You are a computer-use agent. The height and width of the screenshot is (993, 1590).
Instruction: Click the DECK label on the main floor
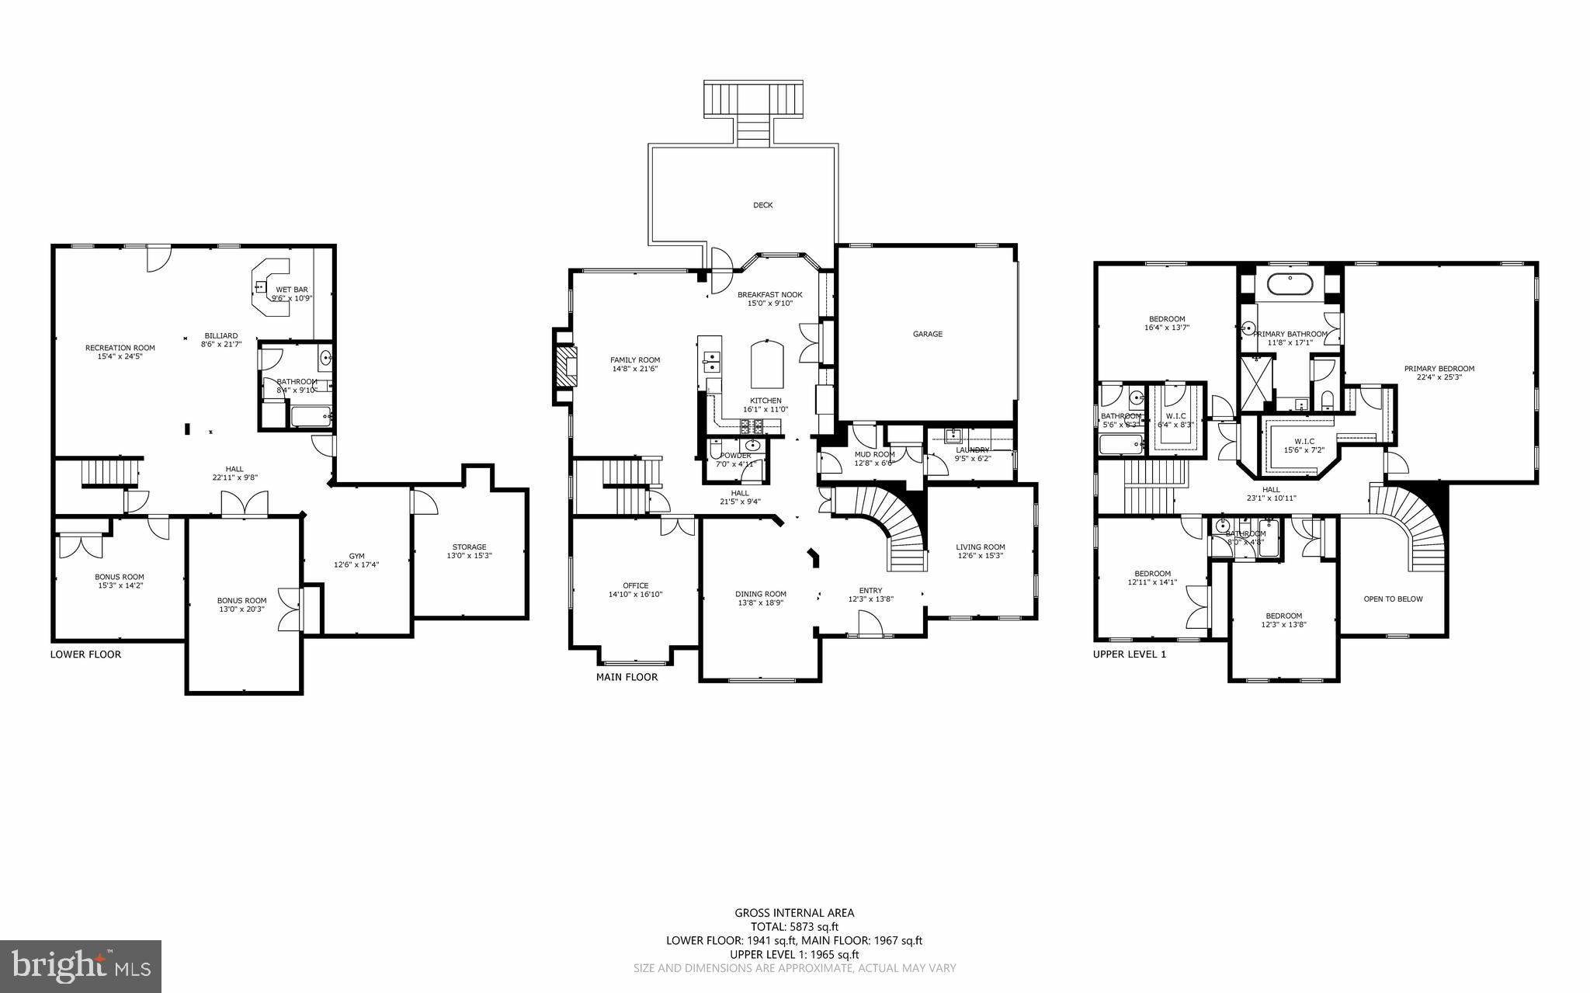click(x=762, y=206)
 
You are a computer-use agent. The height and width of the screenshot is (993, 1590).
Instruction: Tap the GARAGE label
click(x=927, y=335)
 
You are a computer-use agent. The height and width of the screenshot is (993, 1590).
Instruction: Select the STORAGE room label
click(x=469, y=547)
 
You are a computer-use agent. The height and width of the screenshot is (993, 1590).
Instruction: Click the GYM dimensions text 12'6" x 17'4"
click(x=356, y=565)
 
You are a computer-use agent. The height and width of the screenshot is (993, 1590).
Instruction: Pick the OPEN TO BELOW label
click(x=1393, y=599)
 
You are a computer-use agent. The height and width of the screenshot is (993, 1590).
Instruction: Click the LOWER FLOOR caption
click(x=85, y=654)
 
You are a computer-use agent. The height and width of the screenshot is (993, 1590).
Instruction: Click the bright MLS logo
click(x=81, y=966)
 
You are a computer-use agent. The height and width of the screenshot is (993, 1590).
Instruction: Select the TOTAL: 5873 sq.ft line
click(x=794, y=926)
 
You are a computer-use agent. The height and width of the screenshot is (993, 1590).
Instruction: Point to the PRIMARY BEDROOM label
click(x=1439, y=369)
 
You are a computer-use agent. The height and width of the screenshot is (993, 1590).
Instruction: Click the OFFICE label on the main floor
click(x=635, y=586)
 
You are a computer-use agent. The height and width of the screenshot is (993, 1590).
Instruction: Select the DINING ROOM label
click(x=761, y=594)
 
